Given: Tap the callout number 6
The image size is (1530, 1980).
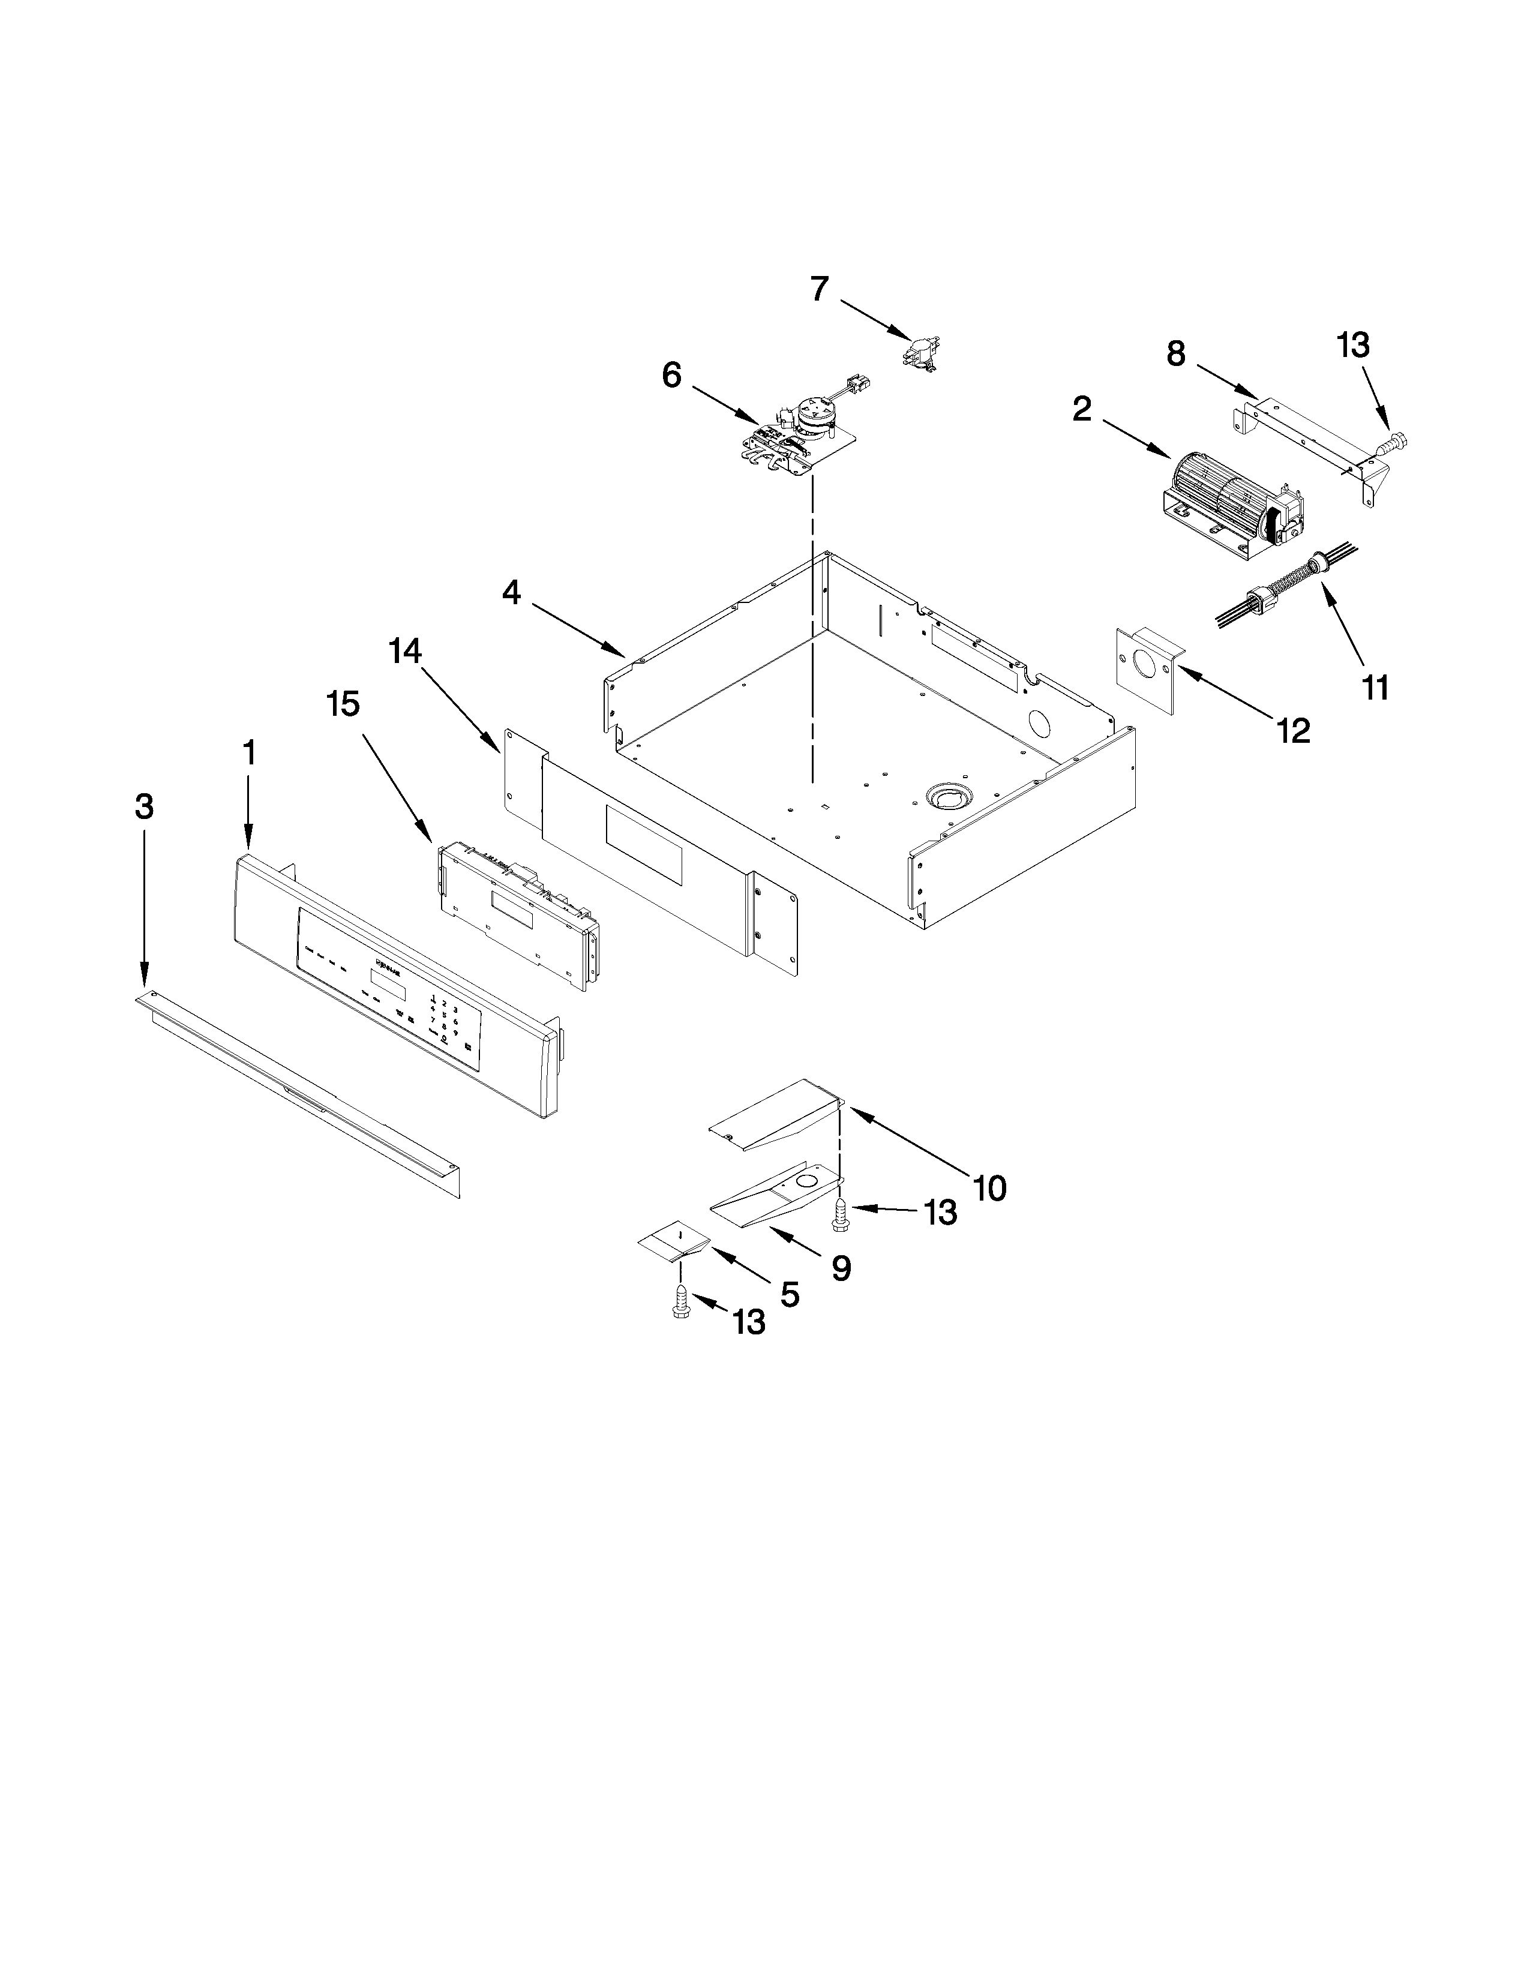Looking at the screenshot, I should pyautogui.click(x=671, y=374).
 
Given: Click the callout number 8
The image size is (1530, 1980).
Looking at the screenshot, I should pyautogui.click(x=1175, y=353).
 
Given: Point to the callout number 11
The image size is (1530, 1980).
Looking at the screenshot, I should pyautogui.click(x=1375, y=688).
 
